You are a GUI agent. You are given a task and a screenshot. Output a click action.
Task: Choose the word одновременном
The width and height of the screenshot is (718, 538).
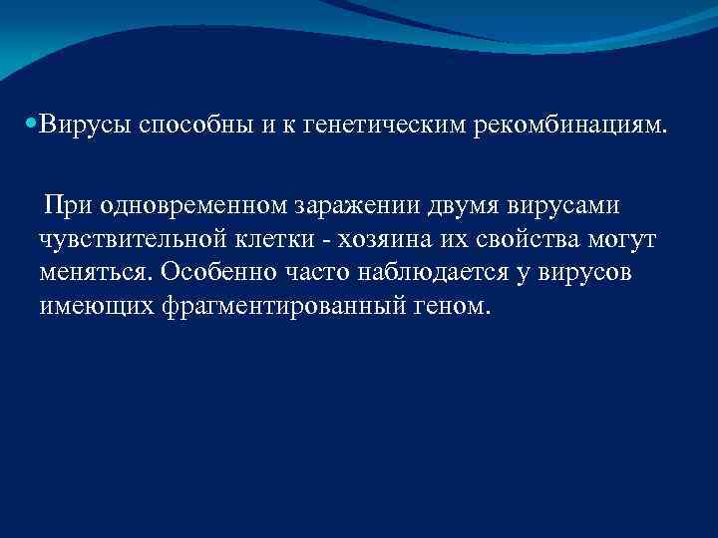click(x=197, y=207)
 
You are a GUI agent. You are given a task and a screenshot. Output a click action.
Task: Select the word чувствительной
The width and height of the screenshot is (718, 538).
click(x=134, y=239)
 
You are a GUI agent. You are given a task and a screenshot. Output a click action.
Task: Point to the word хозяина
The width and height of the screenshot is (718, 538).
click(x=393, y=239)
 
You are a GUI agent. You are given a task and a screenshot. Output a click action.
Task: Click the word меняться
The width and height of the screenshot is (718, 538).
click(x=96, y=273)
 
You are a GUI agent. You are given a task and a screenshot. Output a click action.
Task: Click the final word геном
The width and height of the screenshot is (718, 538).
click(x=457, y=307)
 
